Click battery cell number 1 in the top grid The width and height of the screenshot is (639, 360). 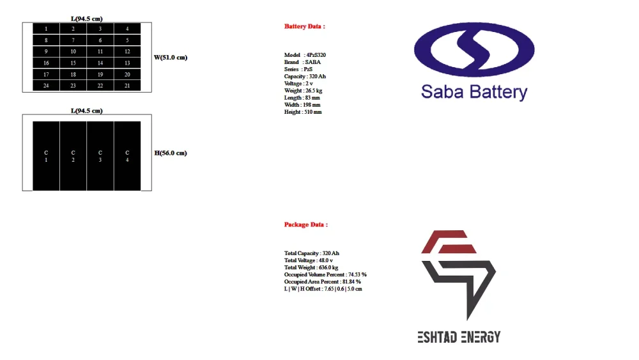tap(46, 29)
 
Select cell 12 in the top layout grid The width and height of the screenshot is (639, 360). tap(127, 51)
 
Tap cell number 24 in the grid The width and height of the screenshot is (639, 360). tap(46, 86)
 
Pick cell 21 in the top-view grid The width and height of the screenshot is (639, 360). tap(127, 86)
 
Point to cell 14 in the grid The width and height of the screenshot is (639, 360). tap(100, 63)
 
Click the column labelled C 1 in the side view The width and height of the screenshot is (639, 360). tap(46, 156)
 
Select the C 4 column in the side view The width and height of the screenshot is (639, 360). tap(127, 156)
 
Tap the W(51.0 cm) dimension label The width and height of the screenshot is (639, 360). tap(171, 58)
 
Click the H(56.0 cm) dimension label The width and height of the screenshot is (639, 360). tap(171, 153)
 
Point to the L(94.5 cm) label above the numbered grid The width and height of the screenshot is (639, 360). tap(87, 19)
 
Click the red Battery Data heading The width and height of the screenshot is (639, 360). tap(304, 26)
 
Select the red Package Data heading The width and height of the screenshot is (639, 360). tap(305, 224)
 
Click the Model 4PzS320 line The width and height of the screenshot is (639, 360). tap(305, 55)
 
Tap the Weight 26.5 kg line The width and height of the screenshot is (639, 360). tap(303, 91)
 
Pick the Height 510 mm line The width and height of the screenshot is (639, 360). tap(303, 112)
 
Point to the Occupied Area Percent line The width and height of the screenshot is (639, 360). tap(322, 281)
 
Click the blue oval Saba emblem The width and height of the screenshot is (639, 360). tap(474, 50)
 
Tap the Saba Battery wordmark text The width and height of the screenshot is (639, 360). tap(474, 92)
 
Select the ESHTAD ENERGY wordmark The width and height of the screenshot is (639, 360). tap(459, 337)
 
